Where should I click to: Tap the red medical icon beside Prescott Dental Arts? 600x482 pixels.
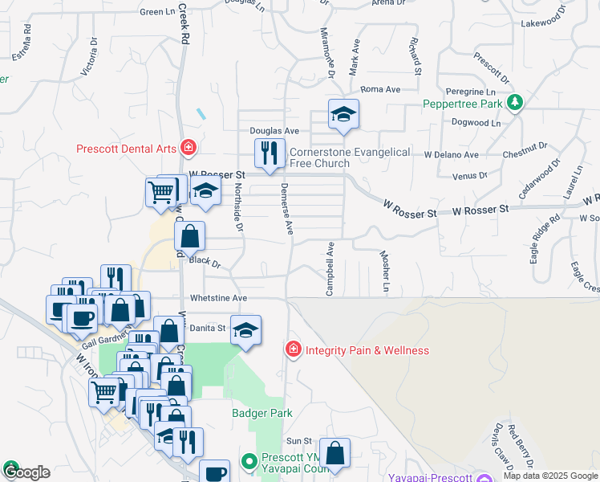coord(188,148)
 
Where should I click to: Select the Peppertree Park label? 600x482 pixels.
coord(464,104)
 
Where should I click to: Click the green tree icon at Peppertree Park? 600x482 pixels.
coord(515,103)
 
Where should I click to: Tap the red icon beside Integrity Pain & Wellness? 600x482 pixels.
coord(294,349)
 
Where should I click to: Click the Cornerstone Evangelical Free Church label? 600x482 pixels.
coord(350,157)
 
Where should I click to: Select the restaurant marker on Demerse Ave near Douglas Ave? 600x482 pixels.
coord(269,153)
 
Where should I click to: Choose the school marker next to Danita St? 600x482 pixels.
coord(245,330)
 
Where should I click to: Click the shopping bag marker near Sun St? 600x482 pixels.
coord(334,452)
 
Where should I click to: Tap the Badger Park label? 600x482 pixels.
coord(261,413)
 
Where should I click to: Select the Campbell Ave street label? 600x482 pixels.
coord(330,268)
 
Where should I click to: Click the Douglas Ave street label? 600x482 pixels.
coord(274,130)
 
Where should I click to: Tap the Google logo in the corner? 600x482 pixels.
coord(26,472)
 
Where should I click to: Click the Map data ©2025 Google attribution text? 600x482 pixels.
coord(550,476)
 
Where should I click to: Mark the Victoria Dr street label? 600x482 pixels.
coord(89,61)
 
